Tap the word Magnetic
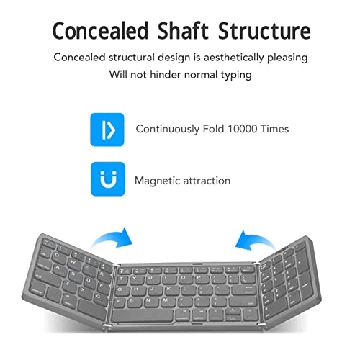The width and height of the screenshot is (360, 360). point(157,181)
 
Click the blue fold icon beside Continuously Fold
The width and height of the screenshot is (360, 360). point(107,130)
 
